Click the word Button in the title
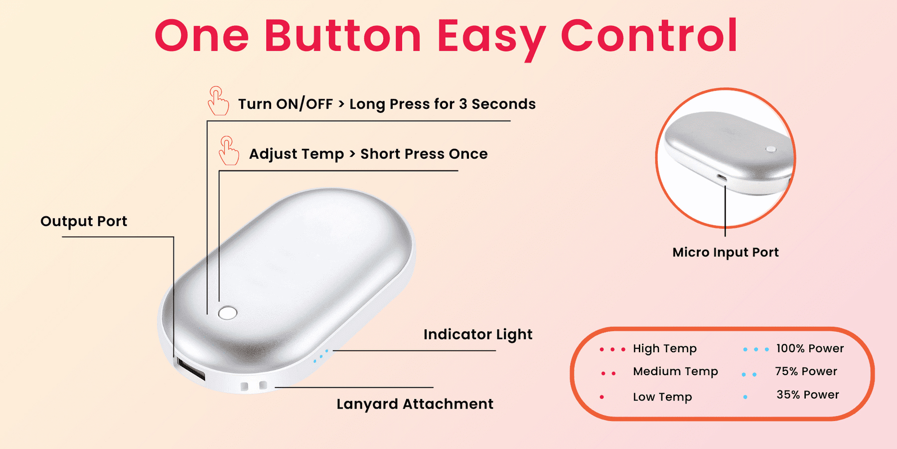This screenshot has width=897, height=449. point(343,35)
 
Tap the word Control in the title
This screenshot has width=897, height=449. point(649,35)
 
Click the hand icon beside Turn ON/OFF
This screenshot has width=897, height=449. point(218,101)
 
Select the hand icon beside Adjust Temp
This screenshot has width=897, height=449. point(229,151)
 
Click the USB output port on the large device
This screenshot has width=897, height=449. point(191,369)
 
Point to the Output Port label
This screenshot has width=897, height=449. point(84,222)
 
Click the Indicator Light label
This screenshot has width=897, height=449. point(478,334)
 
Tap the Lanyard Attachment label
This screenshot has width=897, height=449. point(415,404)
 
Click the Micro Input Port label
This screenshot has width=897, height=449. point(725,252)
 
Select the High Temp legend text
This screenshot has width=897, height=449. point(665,349)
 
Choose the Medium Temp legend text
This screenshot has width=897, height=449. point(675,372)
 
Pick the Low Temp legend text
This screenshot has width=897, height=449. point(662,397)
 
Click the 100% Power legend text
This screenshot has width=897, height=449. point(810,348)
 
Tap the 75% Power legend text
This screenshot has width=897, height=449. point(806,371)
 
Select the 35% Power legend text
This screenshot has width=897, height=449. point(807,395)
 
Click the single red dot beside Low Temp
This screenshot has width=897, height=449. point(602,397)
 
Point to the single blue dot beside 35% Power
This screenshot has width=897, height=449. point(745,397)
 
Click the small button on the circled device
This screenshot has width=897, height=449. point(771,149)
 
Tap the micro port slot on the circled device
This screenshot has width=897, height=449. point(721,177)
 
